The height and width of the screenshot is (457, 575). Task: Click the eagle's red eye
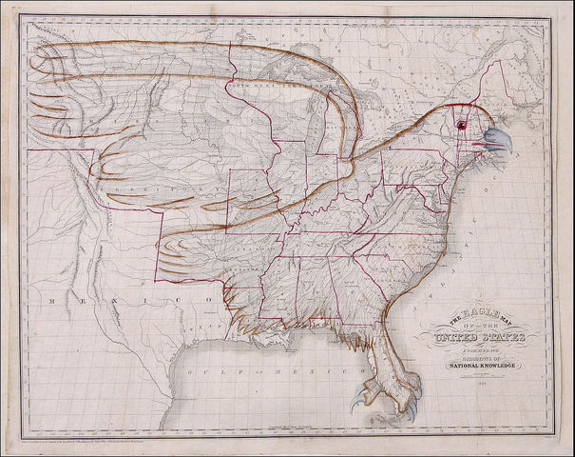pos(463,125)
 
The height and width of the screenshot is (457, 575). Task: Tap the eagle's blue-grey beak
pos(497,142)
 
